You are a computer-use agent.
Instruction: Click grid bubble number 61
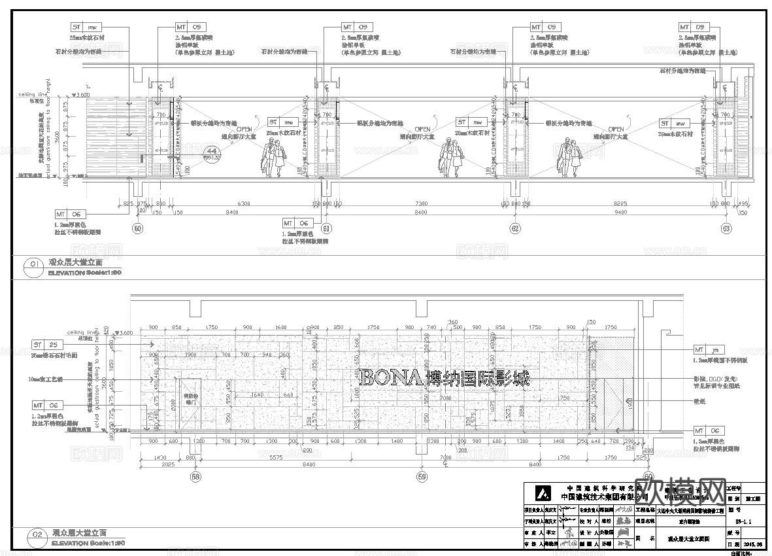327,228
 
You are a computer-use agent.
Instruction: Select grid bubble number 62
515,228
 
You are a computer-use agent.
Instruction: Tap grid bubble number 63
726,228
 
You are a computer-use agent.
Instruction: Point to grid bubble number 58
195,477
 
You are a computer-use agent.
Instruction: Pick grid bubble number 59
422,477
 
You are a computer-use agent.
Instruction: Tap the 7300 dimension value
421,204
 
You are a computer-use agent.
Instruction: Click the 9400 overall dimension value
620,213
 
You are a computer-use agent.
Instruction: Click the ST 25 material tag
48,344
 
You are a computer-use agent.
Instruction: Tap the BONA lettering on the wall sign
391,377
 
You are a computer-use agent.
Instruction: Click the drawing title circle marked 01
33,264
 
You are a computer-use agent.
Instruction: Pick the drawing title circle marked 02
33,536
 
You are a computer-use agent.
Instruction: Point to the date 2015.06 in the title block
753,543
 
